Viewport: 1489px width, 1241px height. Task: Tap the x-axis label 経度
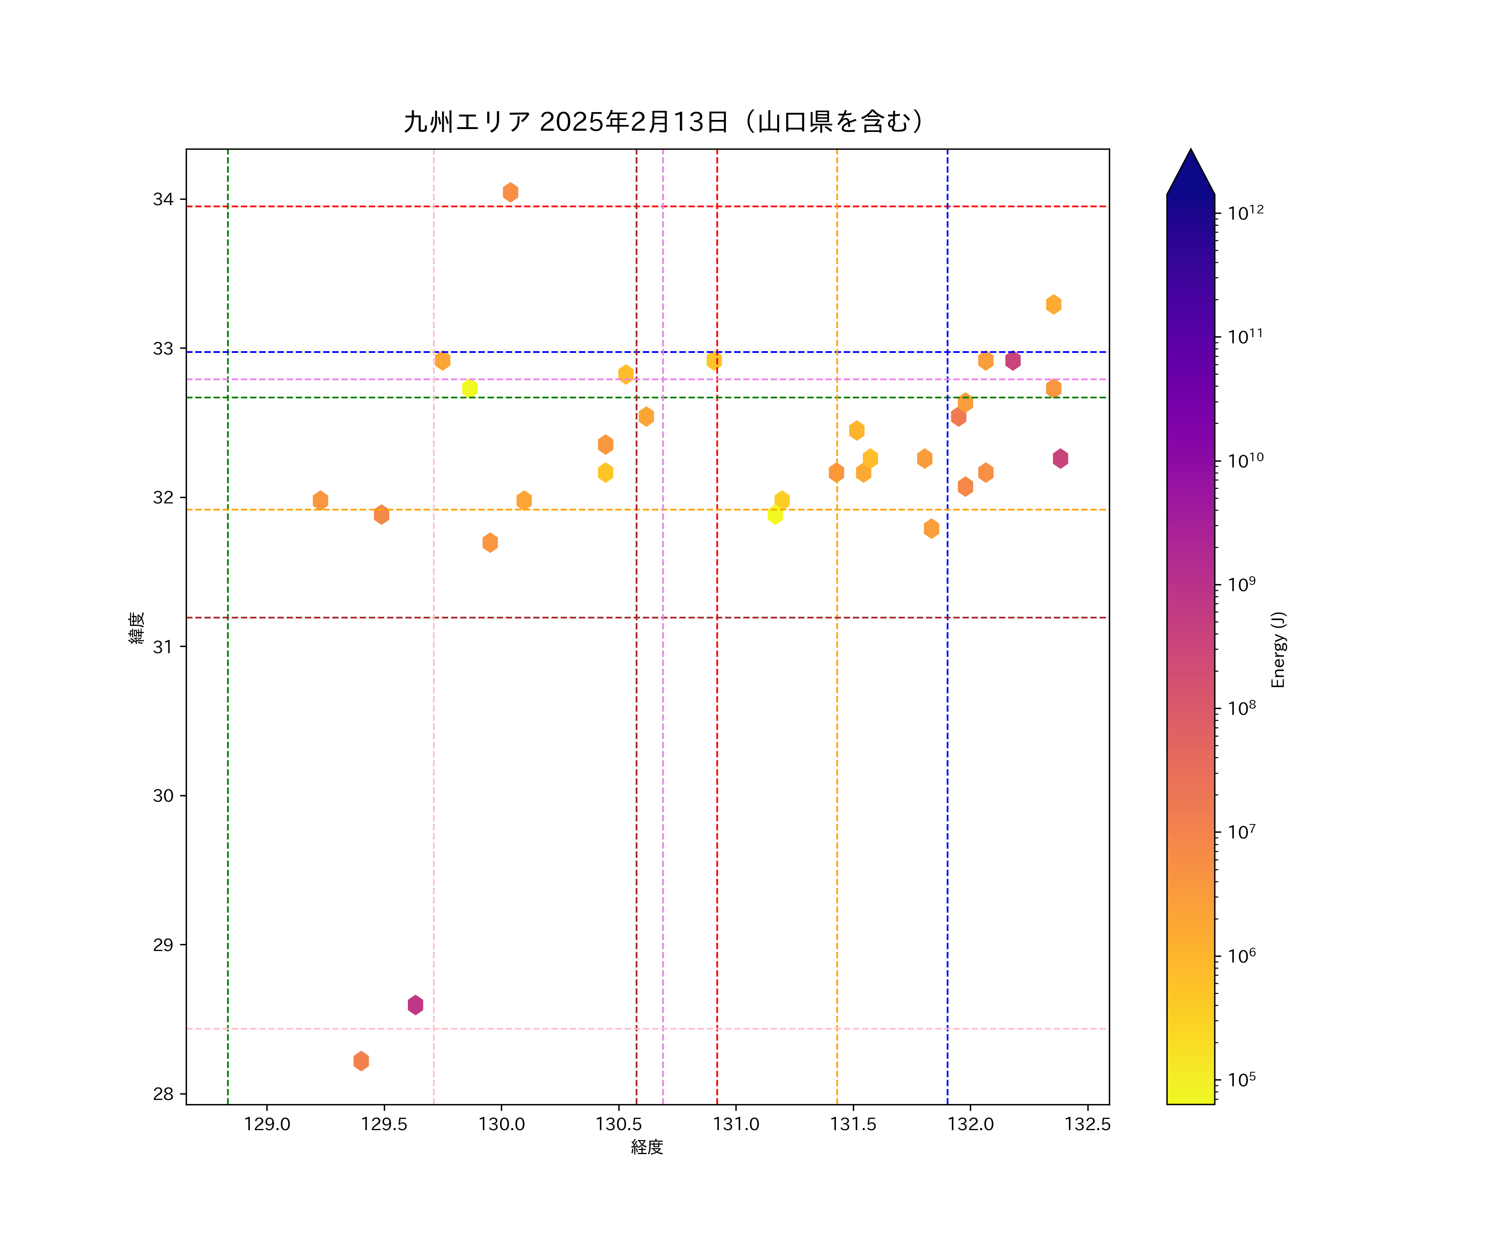coord(646,1148)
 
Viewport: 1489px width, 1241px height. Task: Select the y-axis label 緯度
coord(137,628)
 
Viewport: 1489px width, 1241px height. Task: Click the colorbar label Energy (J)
coord(1278,649)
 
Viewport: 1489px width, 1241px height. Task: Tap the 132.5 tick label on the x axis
coord(1087,1124)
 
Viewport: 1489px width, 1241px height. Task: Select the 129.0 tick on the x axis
coord(267,1124)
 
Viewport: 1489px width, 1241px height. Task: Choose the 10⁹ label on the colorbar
coord(1242,585)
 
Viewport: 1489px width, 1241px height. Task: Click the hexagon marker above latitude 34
coord(510,192)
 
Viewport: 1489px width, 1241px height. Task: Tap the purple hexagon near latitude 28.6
coord(416,1005)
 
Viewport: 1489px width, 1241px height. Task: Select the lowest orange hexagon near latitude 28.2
coord(361,1061)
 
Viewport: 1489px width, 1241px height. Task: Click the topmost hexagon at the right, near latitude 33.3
coord(1053,304)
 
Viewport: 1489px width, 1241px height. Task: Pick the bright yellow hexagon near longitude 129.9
coord(469,388)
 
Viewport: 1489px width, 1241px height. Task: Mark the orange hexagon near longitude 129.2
coord(321,501)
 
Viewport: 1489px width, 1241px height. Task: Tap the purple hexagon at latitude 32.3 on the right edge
coord(1060,459)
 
